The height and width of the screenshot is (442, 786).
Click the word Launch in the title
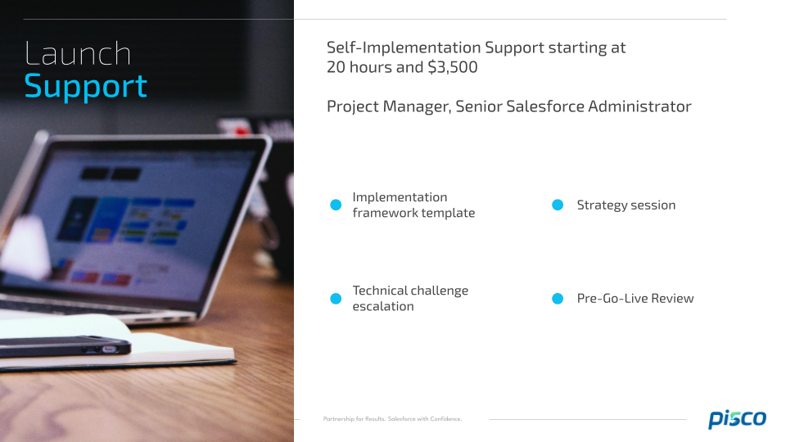pyautogui.click(x=78, y=54)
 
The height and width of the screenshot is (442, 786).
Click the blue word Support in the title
pyautogui.click(x=86, y=87)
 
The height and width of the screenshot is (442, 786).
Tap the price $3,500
pyautogui.click(x=453, y=67)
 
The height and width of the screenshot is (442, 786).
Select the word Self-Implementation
pyautogui.click(x=404, y=47)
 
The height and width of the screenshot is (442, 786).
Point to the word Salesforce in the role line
pyautogui.click(x=545, y=106)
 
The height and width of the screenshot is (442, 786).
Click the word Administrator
pyautogui.click(x=639, y=106)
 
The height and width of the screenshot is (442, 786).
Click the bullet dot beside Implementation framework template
pyautogui.click(x=336, y=205)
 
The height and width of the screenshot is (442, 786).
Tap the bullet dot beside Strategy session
pyautogui.click(x=558, y=205)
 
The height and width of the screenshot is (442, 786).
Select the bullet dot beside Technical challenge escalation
pyautogui.click(x=336, y=299)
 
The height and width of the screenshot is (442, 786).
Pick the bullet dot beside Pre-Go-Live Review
pyautogui.click(x=558, y=299)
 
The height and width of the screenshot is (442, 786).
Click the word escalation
pyautogui.click(x=383, y=306)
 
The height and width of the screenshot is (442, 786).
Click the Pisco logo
pyautogui.click(x=737, y=418)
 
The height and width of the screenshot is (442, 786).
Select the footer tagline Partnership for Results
pyautogui.click(x=355, y=419)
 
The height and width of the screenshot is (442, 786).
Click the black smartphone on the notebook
pyautogui.click(x=65, y=346)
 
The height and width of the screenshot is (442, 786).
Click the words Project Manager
pyautogui.click(x=388, y=106)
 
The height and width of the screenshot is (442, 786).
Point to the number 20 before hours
pyautogui.click(x=336, y=67)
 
